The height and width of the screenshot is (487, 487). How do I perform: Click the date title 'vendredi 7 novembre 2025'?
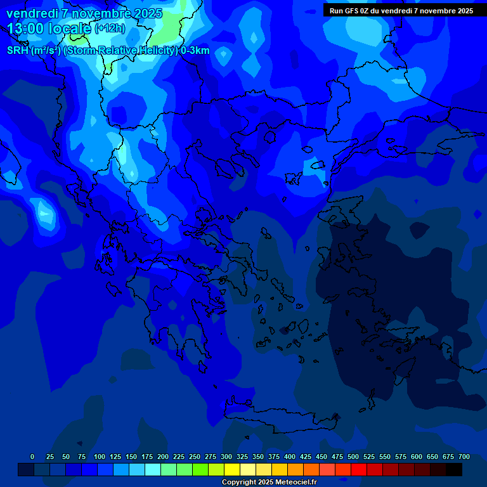(84, 13)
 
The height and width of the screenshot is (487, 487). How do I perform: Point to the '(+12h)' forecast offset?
(110, 29)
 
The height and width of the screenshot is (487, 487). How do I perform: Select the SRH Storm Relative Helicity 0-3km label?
(108, 51)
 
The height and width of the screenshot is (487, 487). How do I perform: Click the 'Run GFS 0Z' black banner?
(401, 11)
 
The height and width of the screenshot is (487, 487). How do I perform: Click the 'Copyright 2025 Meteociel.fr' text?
(269, 482)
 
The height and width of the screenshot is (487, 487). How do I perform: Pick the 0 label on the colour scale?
(32, 457)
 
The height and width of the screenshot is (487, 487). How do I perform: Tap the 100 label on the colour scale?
(100, 457)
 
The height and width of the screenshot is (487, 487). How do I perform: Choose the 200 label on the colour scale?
(163, 457)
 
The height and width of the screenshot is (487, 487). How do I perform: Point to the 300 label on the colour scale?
(226, 457)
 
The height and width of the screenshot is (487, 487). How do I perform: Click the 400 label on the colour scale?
(290, 457)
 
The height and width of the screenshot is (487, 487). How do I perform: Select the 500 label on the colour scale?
(353, 457)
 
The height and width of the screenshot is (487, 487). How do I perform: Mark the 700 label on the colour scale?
(464, 457)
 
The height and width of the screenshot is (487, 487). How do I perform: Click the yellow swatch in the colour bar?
(232, 470)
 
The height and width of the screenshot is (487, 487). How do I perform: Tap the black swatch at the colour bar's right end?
(454, 470)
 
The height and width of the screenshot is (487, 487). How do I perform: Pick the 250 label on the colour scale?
(195, 457)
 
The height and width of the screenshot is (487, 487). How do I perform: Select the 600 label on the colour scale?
(417, 457)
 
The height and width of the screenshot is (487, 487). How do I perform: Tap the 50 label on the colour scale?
(67, 457)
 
